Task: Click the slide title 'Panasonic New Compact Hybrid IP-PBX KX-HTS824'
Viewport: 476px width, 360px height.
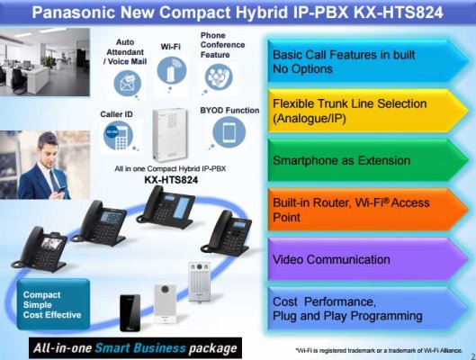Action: tap(238, 13)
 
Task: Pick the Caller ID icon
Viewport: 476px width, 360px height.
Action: tap(119, 140)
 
